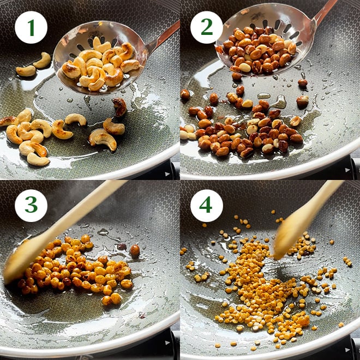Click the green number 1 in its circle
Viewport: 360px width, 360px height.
pos(31,27)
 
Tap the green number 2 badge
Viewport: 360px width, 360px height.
pos(207,27)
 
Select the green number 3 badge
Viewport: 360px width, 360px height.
pos(31,206)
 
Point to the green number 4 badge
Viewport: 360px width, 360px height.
pos(207,206)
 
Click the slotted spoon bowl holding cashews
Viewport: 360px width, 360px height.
pos(99,57)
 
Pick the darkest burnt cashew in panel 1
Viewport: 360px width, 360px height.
pos(119,107)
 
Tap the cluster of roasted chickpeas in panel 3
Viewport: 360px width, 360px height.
pos(76,271)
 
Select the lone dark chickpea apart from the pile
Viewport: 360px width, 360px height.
pos(135,250)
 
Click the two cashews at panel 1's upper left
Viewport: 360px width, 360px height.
pos(33,65)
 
